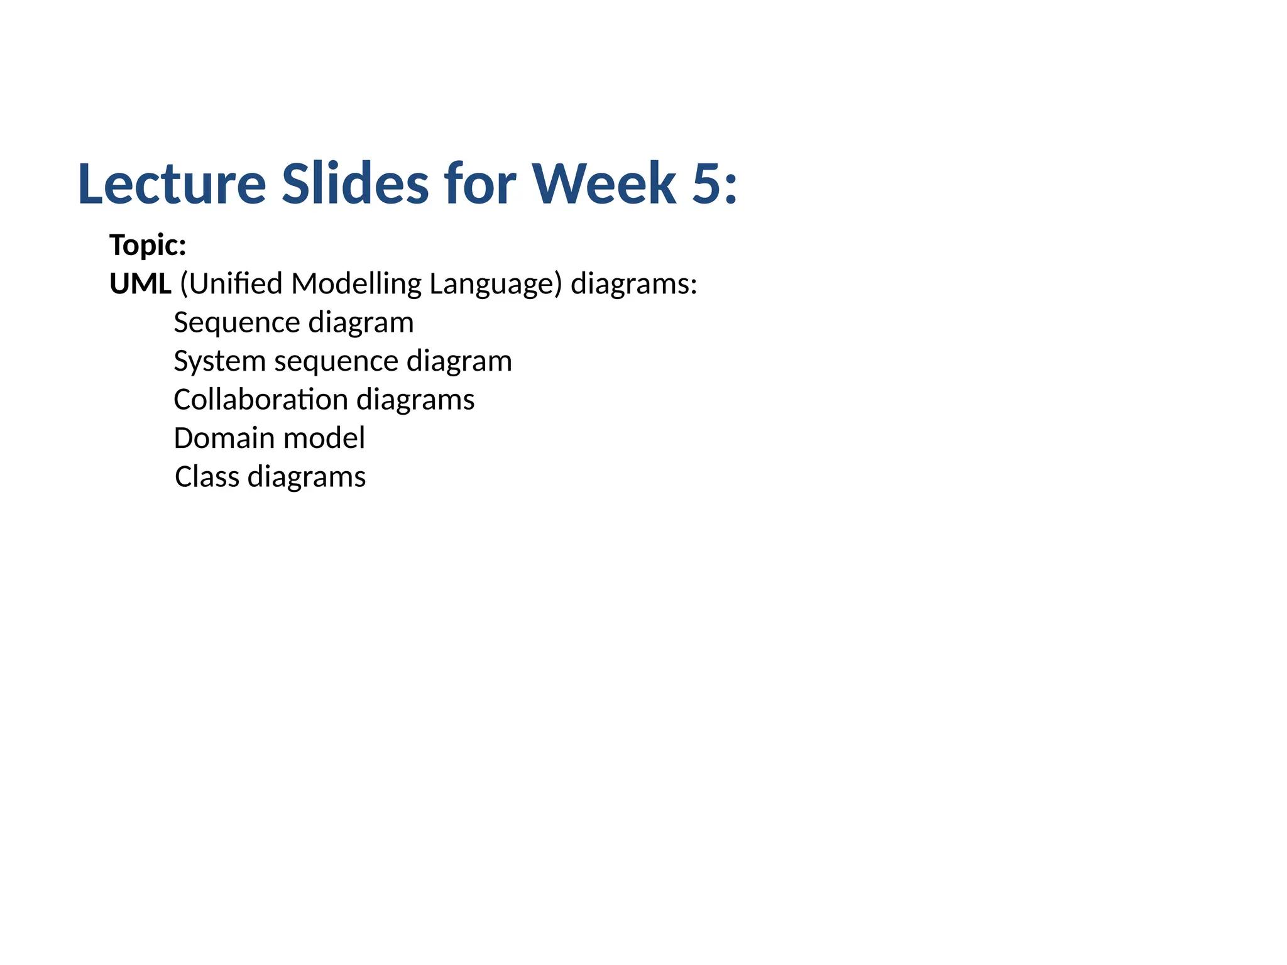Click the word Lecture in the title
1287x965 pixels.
click(x=172, y=184)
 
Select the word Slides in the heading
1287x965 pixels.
click(x=355, y=184)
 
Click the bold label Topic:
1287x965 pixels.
click(x=148, y=245)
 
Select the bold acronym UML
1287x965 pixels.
click(x=140, y=284)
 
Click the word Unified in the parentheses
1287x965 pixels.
click(x=236, y=284)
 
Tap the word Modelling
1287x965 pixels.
click(x=356, y=284)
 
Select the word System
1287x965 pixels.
click(x=219, y=361)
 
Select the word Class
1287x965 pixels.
click(x=207, y=477)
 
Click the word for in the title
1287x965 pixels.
click(x=480, y=184)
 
